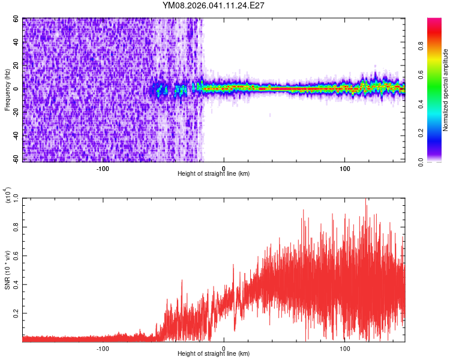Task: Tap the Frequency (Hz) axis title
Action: point(8,89)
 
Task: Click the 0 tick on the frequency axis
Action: point(17,89)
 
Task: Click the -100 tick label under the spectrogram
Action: point(102,168)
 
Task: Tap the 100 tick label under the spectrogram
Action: point(344,168)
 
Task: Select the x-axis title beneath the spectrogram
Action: point(214,174)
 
